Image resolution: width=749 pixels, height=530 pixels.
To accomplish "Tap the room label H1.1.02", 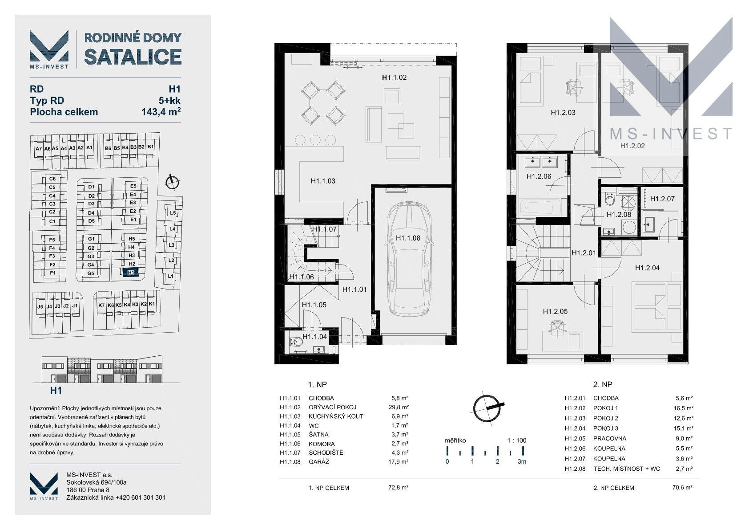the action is click(394, 77).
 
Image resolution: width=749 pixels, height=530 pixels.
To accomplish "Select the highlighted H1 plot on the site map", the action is click(131, 273).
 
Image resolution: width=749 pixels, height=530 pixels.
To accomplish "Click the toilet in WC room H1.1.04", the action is click(296, 342).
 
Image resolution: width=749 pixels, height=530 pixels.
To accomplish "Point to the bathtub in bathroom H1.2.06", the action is click(541, 208).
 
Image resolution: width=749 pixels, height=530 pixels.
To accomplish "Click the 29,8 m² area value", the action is click(398, 408).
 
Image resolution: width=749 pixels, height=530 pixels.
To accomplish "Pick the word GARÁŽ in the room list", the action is click(318, 462).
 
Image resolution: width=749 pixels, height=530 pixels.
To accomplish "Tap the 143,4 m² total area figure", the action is click(161, 111).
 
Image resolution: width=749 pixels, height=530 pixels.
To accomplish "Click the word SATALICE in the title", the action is click(133, 57).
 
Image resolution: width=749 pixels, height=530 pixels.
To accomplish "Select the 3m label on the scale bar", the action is click(522, 461).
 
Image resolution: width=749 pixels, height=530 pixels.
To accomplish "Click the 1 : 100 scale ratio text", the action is click(517, 440).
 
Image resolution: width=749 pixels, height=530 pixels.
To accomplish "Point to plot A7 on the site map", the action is click(38, 149).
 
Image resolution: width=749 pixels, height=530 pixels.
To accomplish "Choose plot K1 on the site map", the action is click(152, 304).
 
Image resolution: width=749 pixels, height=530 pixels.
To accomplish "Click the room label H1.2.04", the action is click(647, 268).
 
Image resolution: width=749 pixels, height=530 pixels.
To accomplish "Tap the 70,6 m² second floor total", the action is click(682, 488).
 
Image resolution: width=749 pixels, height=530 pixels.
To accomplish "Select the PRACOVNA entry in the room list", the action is click(610, 438).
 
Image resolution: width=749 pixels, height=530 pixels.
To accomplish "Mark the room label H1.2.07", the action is click(662, 199).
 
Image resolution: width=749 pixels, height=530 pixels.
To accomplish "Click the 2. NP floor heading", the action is click(603, 384).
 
